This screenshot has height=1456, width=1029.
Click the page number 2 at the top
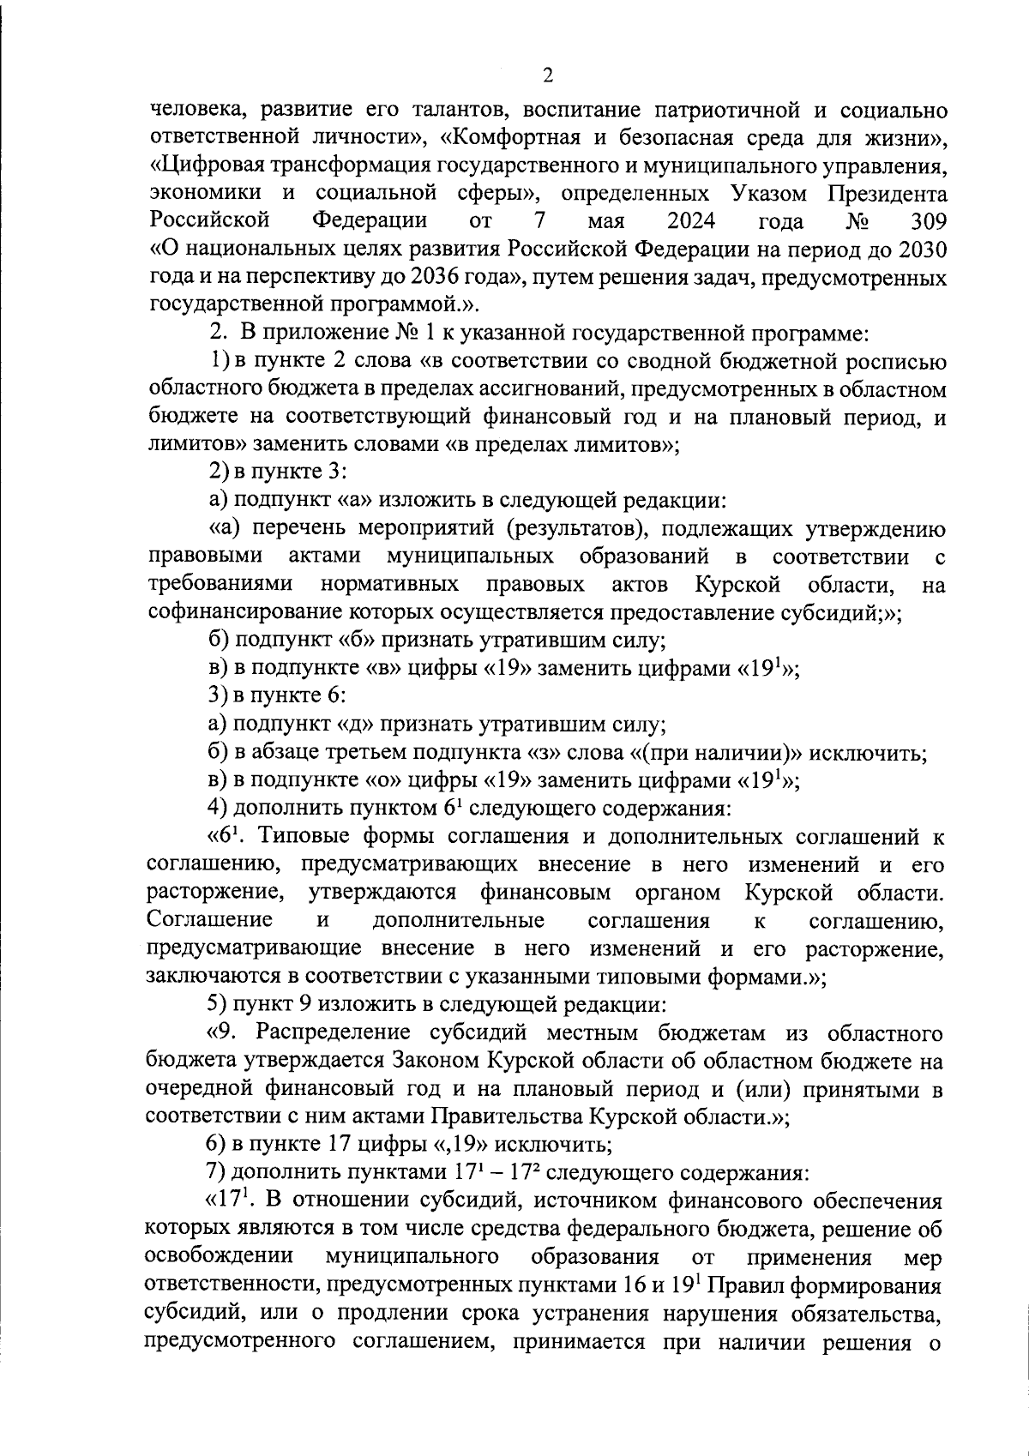coord(548,76)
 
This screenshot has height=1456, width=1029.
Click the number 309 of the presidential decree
coord(925,221)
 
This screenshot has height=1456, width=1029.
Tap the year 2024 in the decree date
coord(691,221)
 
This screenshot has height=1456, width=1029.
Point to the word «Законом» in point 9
coord(437,1062)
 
